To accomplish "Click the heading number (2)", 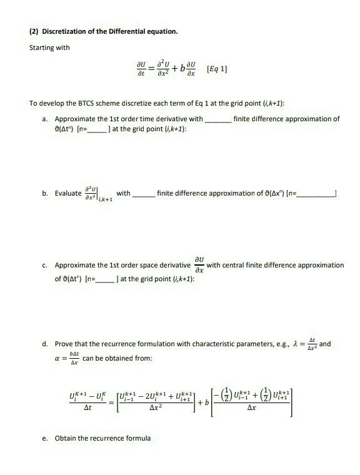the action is pos(34,31).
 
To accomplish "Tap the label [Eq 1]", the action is pos(216,69).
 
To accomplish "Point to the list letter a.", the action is pos(46,119).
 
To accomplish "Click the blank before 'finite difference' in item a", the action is pos(217,119).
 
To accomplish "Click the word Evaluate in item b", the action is pos(68,194).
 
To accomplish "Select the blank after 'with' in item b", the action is pos(144,194).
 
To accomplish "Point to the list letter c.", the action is pos(46,265).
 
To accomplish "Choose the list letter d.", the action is pos(46,344).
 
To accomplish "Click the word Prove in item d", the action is pos(66,344).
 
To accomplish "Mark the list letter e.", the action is pos(46,438).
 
